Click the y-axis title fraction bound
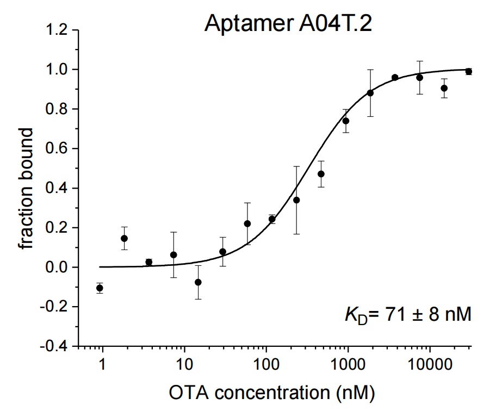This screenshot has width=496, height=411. [26, 189]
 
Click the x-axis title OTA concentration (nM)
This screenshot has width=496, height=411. [272, 393]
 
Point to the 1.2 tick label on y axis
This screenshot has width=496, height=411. [57, 30]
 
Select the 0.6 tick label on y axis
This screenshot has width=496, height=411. [57, 148]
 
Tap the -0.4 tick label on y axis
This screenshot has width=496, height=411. [54, 346]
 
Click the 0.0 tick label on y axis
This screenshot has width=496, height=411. [57, 267]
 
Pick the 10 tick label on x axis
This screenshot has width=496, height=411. [184, 365]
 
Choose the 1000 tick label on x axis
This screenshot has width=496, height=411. [348, 365]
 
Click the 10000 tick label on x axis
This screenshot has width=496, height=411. [430, 365]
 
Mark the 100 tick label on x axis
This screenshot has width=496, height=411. [266, 365]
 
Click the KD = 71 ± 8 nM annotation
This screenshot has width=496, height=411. [408, 315]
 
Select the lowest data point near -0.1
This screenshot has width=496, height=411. [100, 288]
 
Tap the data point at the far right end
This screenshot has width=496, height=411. [468, 71]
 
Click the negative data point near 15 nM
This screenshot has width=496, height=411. [198, 282]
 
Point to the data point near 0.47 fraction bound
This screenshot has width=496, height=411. [321, 174]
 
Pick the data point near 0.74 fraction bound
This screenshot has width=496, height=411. [346, 121]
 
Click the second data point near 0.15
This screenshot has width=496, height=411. [125, 238]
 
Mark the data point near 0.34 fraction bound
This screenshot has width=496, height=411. [296, 200]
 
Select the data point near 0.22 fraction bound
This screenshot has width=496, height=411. [247, 223]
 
